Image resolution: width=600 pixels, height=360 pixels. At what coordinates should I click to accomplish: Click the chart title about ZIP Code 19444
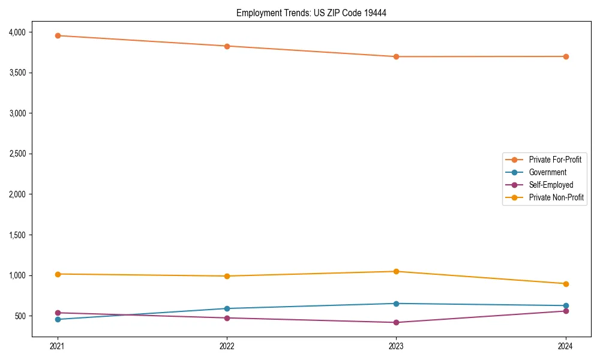(x=311, y=13)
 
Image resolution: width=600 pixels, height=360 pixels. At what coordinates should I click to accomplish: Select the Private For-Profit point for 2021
(x=58, y=35)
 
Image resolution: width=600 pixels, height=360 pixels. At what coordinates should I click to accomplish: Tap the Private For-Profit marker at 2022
(x=227, y=46)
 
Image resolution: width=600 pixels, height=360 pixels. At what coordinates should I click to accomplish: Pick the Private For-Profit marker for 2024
(x=566, y=56)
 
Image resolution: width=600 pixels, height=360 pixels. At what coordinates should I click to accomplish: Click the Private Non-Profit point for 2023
(x=396, y=271)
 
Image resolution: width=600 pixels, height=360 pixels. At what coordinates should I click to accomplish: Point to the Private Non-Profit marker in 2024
(x=566, y=284)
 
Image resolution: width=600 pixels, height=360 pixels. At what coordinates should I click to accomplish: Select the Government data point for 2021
(x=58, y=319)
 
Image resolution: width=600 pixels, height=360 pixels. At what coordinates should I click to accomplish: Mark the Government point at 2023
(x=396, y=304)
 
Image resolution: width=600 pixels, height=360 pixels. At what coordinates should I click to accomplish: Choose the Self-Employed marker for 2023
(x=396, y=322)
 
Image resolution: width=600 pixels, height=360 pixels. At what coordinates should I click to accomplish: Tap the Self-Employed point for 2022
(x=227, y=318)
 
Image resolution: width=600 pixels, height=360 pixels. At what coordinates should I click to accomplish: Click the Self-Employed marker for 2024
(x=566, y=311)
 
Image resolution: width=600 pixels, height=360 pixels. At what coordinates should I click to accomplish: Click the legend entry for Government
(x=547, y=172)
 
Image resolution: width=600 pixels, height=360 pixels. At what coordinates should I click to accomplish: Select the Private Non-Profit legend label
(x=556, y=197)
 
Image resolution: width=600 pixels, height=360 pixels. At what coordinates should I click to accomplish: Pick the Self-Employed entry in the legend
(x=551, y=185)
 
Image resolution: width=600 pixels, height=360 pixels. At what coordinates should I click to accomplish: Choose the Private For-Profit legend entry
(x=554, y=160)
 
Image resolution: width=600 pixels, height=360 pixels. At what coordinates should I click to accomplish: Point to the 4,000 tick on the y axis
(x=25, y=32)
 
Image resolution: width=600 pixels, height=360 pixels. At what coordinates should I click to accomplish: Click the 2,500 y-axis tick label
(x=25, y=154)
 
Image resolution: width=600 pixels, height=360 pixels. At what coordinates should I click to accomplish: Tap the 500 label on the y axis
(x=28, y=316)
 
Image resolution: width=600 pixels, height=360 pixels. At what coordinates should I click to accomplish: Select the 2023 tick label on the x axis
(x=396, y=346)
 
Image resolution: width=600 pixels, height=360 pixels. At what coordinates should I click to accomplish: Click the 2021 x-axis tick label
(x=58, y=346)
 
